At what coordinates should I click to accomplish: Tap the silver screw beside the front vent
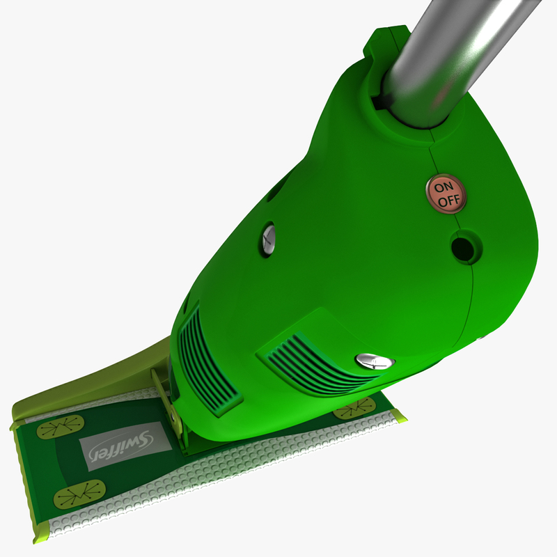click(375, 360)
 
